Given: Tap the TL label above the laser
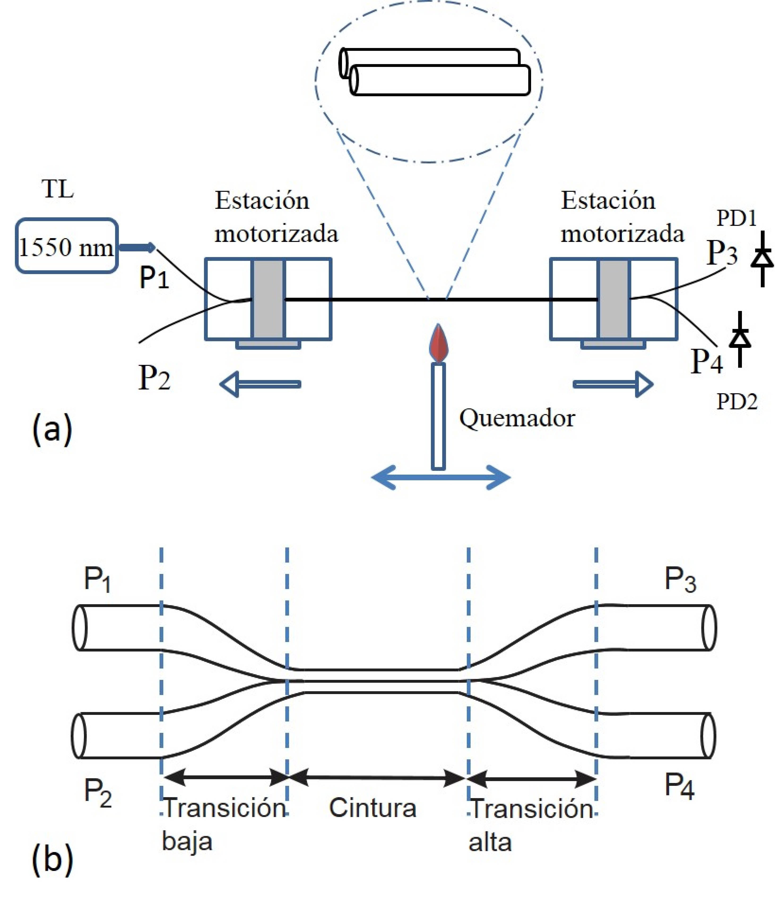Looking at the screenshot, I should point(58,190).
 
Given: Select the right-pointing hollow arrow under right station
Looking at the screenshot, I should point(613,384).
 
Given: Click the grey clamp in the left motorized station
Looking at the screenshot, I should point(268,299).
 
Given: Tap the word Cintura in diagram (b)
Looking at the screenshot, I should point(372,808).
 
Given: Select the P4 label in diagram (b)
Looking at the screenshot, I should point(679,786).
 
